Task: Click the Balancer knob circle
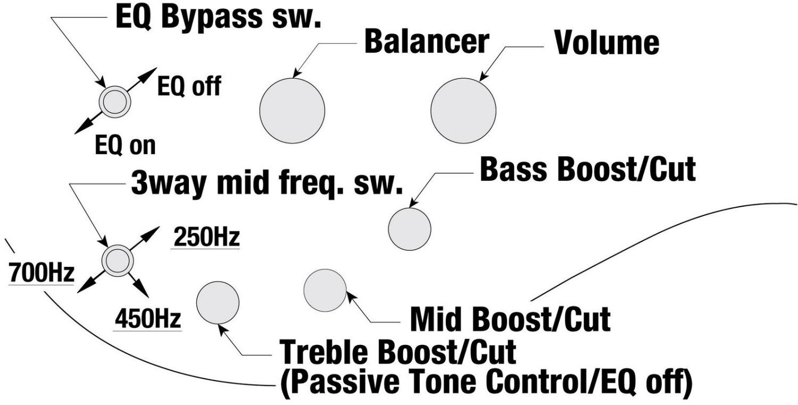point(292,111)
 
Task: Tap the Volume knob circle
point(463,111)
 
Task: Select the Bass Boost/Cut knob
point(410,229)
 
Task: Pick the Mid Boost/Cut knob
point(325,290)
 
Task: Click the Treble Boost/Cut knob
point(218,303)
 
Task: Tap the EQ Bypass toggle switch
point(115,102)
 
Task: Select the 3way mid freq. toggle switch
point(118,261)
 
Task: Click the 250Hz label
point(206,237)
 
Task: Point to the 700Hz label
point(41,273)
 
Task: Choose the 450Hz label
point(148,318)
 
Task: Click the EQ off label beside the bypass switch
point(189,86)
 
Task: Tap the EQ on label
point(126,145)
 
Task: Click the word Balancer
point(427,42)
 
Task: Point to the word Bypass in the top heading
point(212,18)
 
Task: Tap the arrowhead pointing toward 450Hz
point(142,289)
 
